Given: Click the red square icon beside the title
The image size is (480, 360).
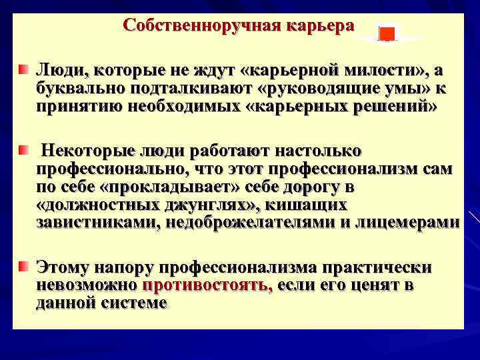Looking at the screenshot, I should (x=387, y=33).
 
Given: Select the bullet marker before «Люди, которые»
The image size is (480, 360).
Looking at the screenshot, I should (x=24, y=70).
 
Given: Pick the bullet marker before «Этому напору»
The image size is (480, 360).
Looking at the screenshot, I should (x=24, y=267).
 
